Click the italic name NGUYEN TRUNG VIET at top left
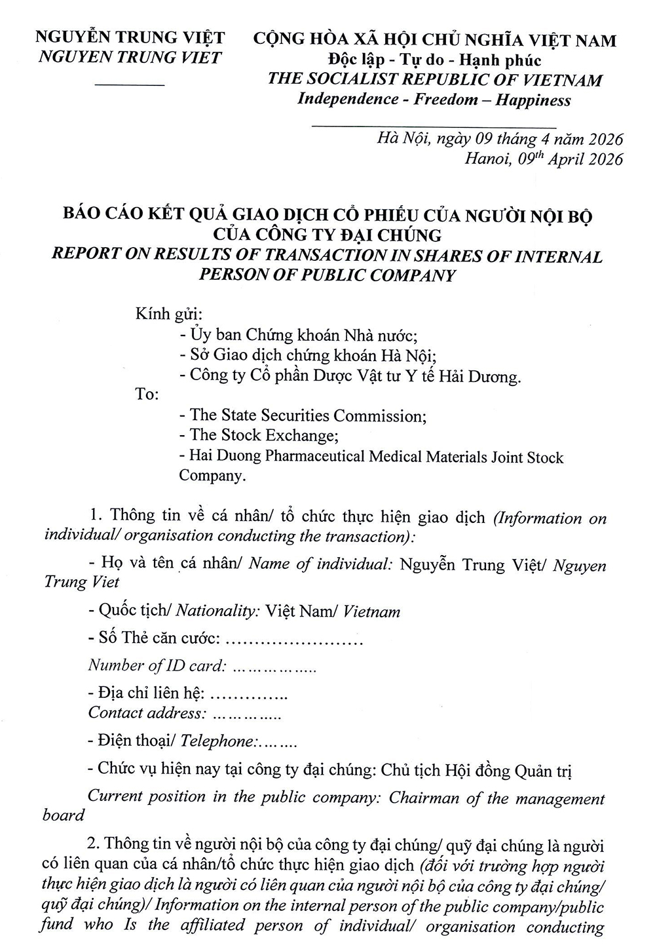(130, 58)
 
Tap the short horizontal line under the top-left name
(130, 85)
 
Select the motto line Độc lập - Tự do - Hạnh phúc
(435, 60)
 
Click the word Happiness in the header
(533, 100)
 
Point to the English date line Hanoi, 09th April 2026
(544, 159)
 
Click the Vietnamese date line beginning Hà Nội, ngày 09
(500, 140)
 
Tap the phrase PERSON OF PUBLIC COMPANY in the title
(327, 275)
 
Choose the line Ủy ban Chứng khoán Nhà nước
(298, 335)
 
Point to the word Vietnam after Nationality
(371, 612)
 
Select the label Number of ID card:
(157, 666)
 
